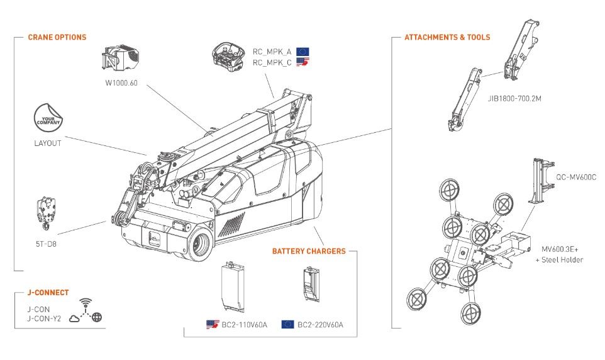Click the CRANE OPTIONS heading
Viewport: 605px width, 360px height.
(57, 37)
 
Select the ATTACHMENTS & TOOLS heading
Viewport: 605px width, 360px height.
(447, 37)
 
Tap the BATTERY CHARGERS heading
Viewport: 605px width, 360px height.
(309, 251)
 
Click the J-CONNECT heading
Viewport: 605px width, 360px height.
(48, 293)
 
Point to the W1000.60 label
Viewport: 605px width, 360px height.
(121, 82)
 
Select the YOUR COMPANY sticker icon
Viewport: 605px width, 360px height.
(48, 118)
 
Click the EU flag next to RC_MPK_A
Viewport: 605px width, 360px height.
(302, 52)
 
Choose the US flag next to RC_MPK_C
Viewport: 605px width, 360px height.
(302, 62)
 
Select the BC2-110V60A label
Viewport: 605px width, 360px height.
(244, 325)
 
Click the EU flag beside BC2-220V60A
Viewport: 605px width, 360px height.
(287, 325)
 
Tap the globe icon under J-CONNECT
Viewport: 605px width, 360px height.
(97, 318)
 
